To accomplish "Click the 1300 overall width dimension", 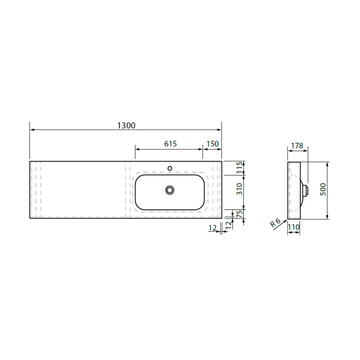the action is (x=126, y=125).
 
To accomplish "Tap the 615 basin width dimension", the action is (x=170, y=144).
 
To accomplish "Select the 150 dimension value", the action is (x=212, y=144).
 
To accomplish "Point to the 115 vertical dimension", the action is (x=239, y=168).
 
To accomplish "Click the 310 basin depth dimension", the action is (x=239, y=189).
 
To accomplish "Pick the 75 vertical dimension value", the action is (x=239, y=214).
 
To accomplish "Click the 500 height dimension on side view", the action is (x=323, y=190).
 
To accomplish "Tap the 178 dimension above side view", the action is (x=297, y=145).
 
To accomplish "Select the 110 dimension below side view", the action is (x=294, y=227).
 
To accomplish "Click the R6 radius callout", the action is (x=276, y=223).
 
